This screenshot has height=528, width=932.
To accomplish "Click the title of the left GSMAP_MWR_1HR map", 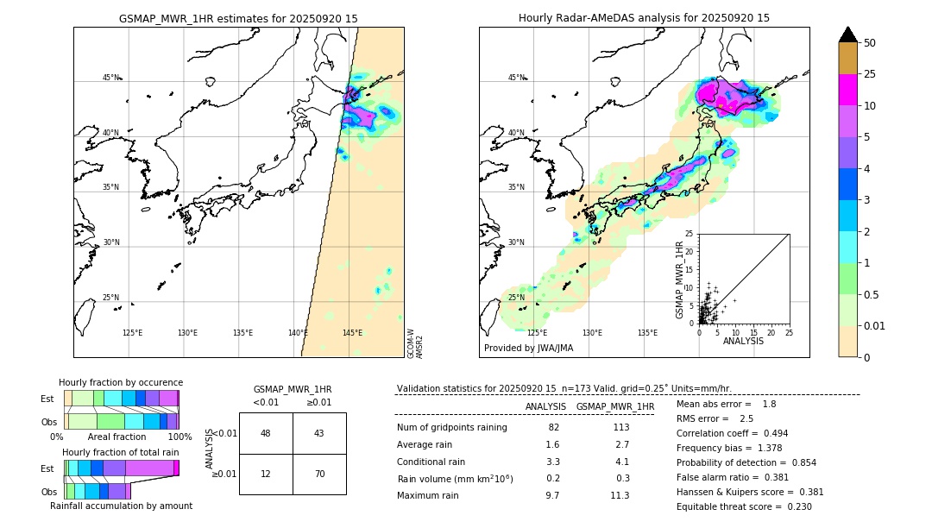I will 238,18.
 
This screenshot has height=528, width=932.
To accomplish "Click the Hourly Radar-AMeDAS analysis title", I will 644,18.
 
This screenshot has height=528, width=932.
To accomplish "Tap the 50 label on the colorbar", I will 870,43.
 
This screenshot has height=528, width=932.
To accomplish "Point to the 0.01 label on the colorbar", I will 875,325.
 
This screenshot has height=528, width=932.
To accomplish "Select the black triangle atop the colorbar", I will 848,35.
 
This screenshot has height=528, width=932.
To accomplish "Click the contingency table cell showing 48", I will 266,433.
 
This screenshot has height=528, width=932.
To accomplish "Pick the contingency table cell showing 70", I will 319,474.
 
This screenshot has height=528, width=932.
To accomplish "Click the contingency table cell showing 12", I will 266,474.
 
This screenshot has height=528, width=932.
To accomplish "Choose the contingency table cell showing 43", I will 319,433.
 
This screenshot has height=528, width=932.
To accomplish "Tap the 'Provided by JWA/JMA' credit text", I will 528,349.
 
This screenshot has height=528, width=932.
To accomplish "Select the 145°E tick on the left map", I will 352,333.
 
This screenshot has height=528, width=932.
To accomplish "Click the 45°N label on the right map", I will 516,78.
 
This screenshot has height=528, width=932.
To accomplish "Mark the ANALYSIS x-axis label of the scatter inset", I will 743,341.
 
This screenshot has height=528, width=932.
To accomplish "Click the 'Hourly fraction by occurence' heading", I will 121,382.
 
